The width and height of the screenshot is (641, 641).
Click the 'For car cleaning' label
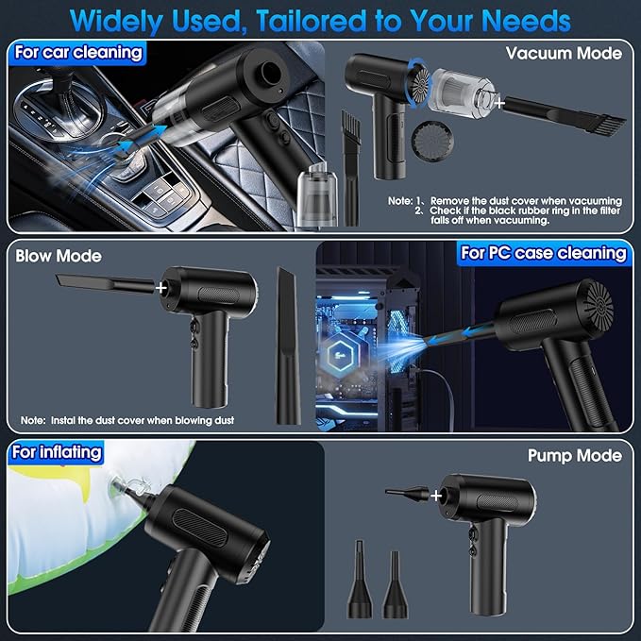[x=78, y=53]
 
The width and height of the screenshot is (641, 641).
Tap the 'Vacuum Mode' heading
[x=564, y=53]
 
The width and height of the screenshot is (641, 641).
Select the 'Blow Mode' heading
[x=59, y=256]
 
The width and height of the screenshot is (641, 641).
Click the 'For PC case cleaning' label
[x=544, y=253]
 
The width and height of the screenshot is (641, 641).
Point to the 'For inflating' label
[x=57, y=452]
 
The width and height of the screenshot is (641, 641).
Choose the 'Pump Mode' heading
[x=575, y=456]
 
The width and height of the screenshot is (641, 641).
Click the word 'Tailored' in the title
[x=312, y=21]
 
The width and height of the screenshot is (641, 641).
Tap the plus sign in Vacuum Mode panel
[x=499, y=103]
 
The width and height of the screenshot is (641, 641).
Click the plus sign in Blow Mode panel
[x=161, y=288]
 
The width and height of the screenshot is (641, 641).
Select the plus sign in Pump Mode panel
[x=436, y=496]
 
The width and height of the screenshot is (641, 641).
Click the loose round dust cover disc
[x=430, y=140]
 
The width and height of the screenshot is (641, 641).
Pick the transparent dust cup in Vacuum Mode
[x=463, y=93]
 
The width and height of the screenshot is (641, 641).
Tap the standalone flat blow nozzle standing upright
[x=288, y=346]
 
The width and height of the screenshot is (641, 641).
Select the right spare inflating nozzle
[x=395, y=583]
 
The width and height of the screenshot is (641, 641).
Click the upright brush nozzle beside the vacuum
[x=351, y=168]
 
